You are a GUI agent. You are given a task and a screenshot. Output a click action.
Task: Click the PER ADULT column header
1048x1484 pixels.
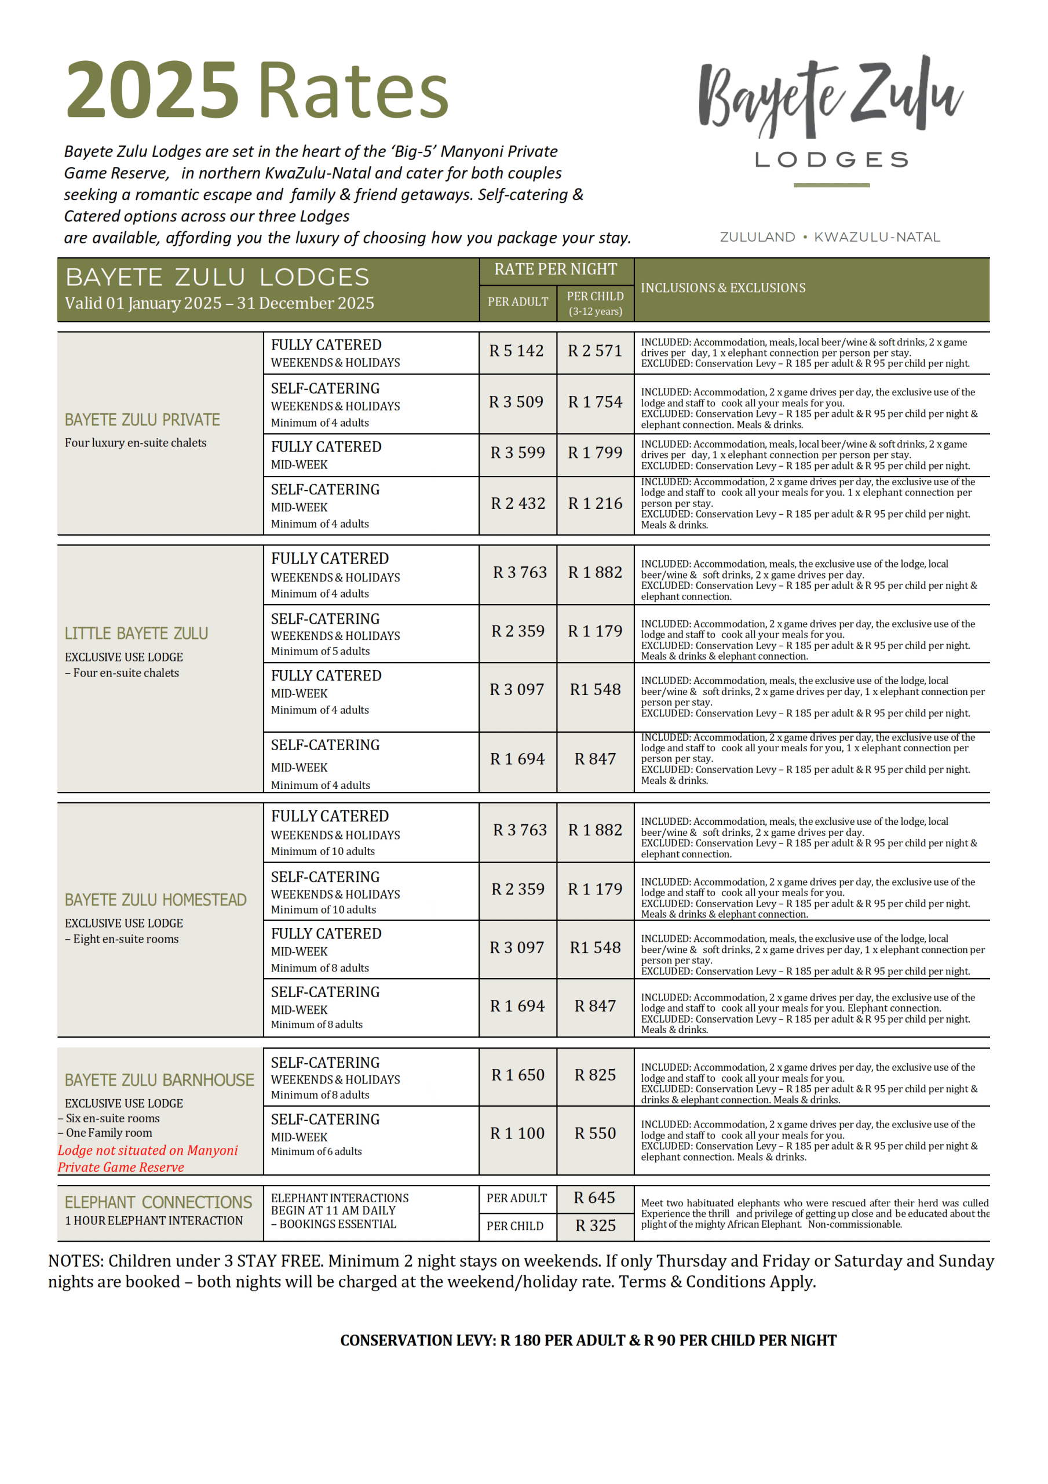click(517, 302)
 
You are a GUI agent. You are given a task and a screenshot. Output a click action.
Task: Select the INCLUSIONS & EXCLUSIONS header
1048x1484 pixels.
click(722, 288)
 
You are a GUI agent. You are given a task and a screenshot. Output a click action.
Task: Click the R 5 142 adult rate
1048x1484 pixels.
click(516, 351)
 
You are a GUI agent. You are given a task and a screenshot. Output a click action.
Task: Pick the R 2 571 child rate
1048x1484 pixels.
click(594, 351)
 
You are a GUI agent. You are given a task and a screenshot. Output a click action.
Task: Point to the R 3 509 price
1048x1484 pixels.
click(516, 402)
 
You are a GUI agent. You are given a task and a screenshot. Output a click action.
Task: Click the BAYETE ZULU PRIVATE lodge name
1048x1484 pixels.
click(142, 420)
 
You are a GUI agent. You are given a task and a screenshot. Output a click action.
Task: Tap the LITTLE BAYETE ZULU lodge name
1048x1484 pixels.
click(136, 634)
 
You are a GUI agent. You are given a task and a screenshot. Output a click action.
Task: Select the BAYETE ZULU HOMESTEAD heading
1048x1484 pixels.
click(155, 900)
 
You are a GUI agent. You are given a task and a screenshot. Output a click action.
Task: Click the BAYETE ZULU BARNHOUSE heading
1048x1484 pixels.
click(159, 1080)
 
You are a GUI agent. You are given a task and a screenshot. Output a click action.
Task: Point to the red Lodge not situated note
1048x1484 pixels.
click(147, 1158)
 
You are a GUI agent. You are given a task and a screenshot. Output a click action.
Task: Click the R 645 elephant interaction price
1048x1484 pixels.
click(594, 1198)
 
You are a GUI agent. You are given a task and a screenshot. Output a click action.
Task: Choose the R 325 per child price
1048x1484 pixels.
click(595, 1225)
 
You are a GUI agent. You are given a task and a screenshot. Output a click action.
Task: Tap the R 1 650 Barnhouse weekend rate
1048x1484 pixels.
click(517, 1075)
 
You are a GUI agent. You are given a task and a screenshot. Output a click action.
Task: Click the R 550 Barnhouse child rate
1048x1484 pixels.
click(595, 1133)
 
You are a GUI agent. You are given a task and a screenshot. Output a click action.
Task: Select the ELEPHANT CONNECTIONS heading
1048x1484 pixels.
click(158, 1202)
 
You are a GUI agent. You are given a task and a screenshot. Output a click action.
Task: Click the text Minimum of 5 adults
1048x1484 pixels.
click(320, 652)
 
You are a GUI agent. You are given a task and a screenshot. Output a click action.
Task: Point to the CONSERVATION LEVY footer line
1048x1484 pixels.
click(588, 1340)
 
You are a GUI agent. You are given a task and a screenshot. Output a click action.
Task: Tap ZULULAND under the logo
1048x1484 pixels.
click(757, 237)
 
